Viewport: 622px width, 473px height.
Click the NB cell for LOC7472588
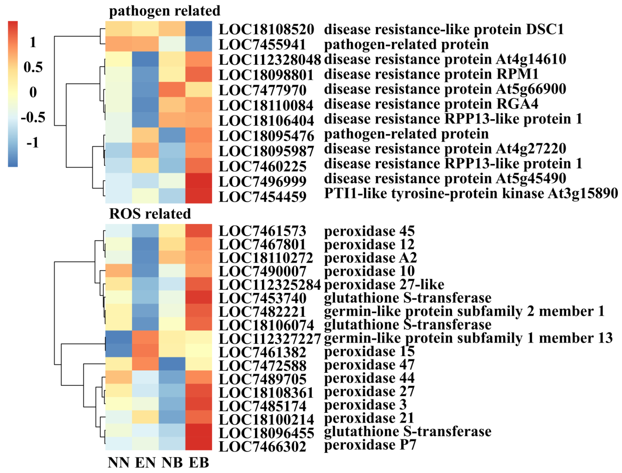click(x=172, y=364)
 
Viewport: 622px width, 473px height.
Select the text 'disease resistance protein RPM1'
click(x=431, y=74)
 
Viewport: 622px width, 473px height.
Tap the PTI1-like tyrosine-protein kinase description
click(x=471, y=194)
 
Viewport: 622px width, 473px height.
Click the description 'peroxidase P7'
click(x=370, y=445)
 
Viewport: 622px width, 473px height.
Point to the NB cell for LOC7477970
click(x=172, y=90)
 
